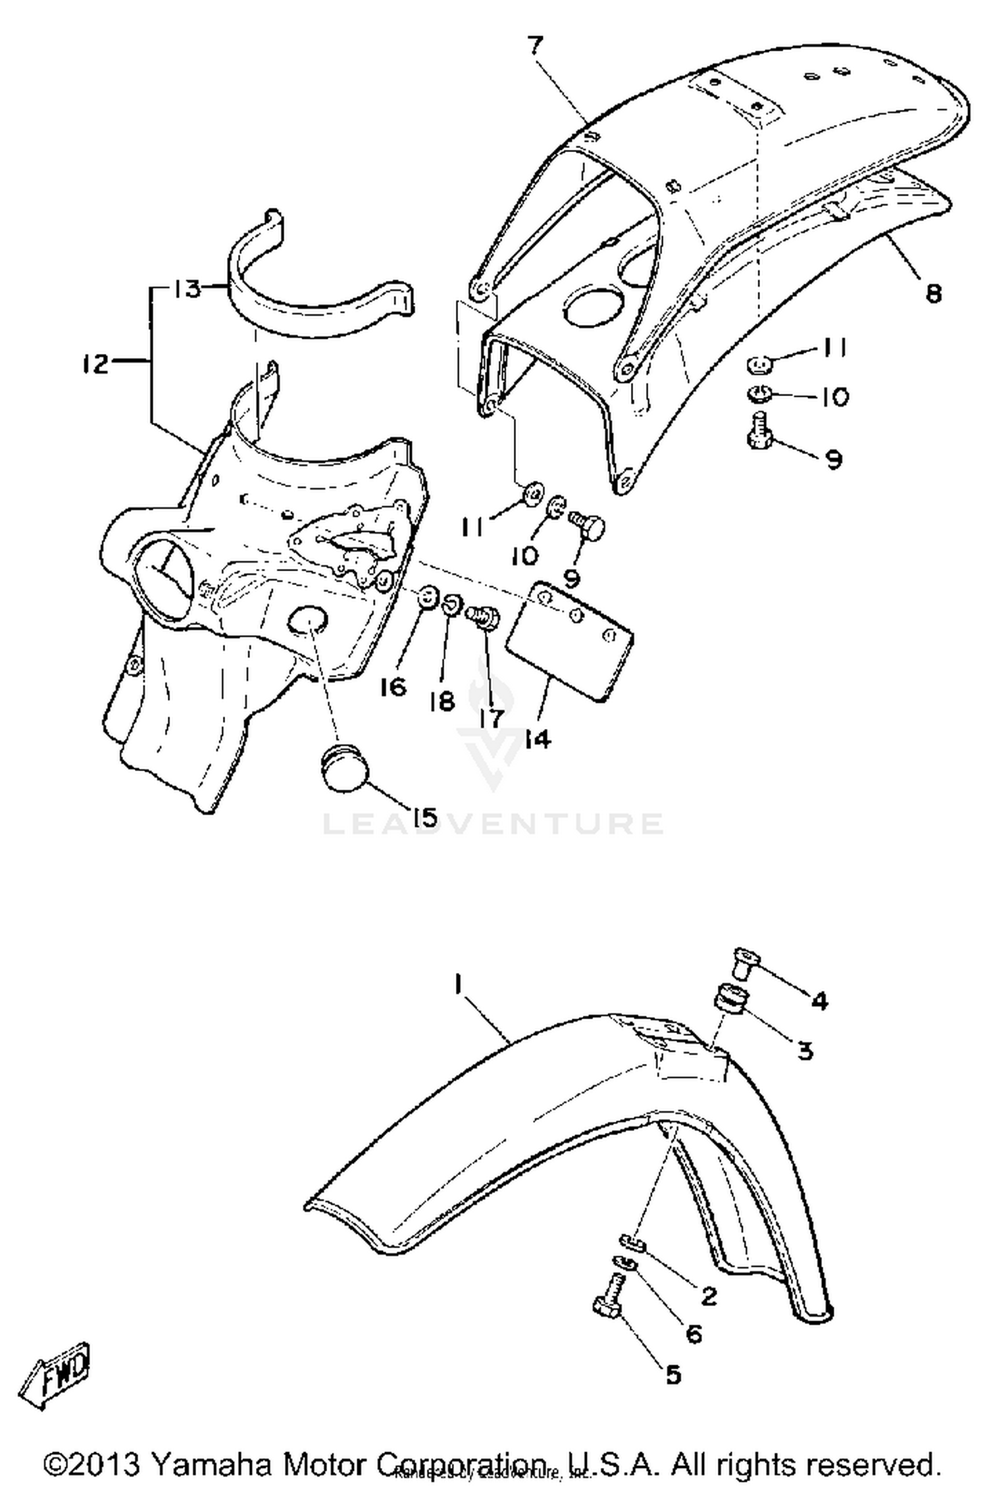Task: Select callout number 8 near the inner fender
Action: point(933,292)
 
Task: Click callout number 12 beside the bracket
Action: point(96,363)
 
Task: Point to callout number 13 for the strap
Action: point(188,288)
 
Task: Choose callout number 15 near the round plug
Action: point(424,817)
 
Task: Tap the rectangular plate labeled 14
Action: point(572,639)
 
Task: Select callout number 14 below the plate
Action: point(538,740)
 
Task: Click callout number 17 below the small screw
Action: point(490,717)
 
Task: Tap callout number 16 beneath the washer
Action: point(393,688)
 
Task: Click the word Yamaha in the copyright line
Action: point(210,1465)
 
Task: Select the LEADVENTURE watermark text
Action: point(493,824)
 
